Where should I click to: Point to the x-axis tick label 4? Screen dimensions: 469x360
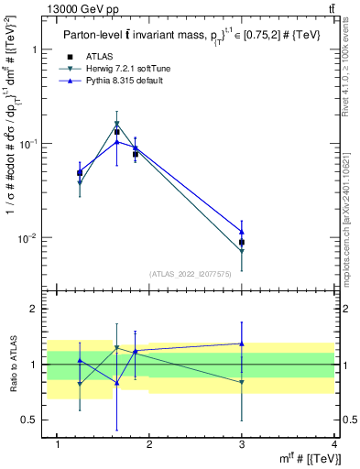pyautogui.click(x=334, y=445)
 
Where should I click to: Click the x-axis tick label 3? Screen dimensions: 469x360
pyautogui.click(x=242, y=445)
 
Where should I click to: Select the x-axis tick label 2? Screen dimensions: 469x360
pyautogui.click(x=149, y=445)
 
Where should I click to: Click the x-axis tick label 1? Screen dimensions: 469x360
pyautogui.click(x=58, y=445)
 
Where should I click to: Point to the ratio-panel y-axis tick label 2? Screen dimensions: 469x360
pyautogui.click(x=35, y=309)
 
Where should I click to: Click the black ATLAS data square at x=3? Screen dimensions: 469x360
pyautogui.click(x=242, y=243)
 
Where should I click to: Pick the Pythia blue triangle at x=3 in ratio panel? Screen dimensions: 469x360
pyautogui.click(x=242, y=344)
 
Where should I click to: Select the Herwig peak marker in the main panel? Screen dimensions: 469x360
pyautogui.click(x=116, y=124)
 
